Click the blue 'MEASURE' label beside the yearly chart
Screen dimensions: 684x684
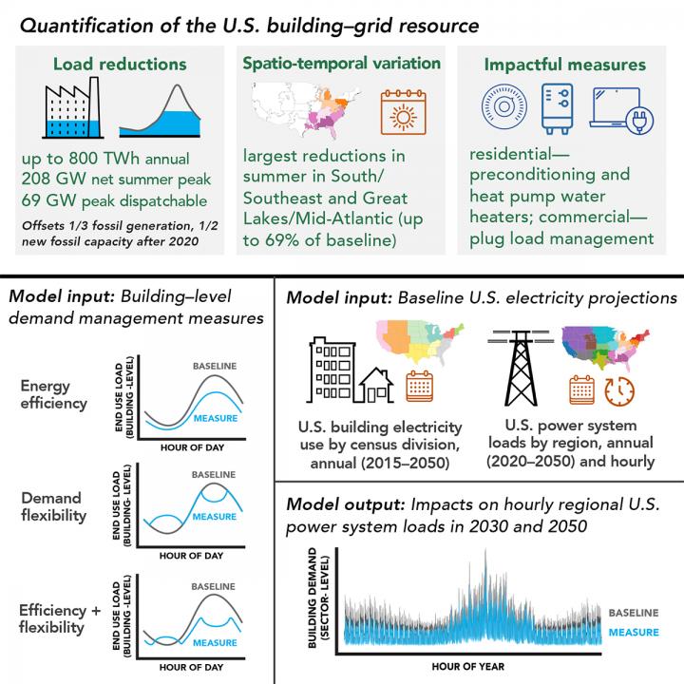[x=634, y=632]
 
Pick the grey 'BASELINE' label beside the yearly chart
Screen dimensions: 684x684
[x=634, y=613]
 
